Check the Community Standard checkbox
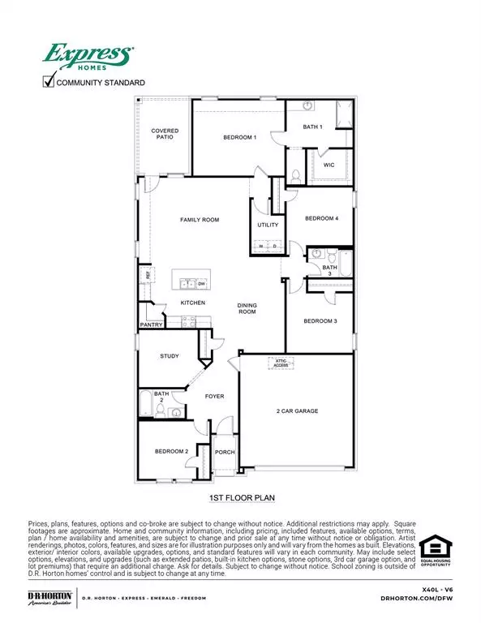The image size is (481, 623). pyautogui.click(x=49, y=81)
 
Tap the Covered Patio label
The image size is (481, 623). pyautogui.click(x=165, y=134)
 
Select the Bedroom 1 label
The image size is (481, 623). pyautogui.click(x=240, y=138)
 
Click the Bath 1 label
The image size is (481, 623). pyautogui.click(x=312, y=127)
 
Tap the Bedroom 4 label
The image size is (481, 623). pyautogui.click(x=321, y=218)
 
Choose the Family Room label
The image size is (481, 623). pyautogui.click(x=200, y=220)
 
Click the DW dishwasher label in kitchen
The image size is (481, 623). pyautogui.click(x=200, y=284)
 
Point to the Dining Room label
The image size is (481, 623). pyautogui.click(x=247, y=308)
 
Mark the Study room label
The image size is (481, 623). pyautogui.click(x=169, y=356)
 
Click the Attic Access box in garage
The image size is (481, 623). pyautogui.click(x=280, y=363)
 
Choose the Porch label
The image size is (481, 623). pyautogui.click(x=224, y=453)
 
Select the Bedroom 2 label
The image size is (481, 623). pyautogui.click(x=172, y=451)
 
